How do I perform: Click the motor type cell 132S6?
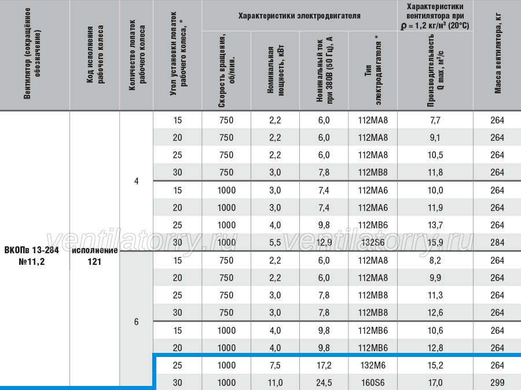pos(373,242)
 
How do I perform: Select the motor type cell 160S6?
pos(373,382)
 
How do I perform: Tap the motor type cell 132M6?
pos(373,366)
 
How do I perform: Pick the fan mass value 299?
pos(497,382)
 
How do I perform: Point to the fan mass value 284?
pos(497,242)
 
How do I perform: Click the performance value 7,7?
pos(435,120)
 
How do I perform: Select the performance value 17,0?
pos(435,382)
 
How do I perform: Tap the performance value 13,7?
pos(435,225)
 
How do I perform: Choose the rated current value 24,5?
pos(324,382)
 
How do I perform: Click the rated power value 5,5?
pos(275,242)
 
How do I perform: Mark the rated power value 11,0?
pos(275,382)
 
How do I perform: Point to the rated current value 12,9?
pos(324,242)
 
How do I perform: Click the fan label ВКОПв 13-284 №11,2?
pos(32,256)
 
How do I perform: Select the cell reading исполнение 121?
pos(95,256)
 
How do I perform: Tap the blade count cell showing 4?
pos(136,181)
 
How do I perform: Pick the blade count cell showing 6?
pos(136,322)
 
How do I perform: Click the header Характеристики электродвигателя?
pos(299,16)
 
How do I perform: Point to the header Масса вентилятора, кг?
pos(497,54)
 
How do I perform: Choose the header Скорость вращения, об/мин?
pos(226,70)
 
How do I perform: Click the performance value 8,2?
pos(435,260)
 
